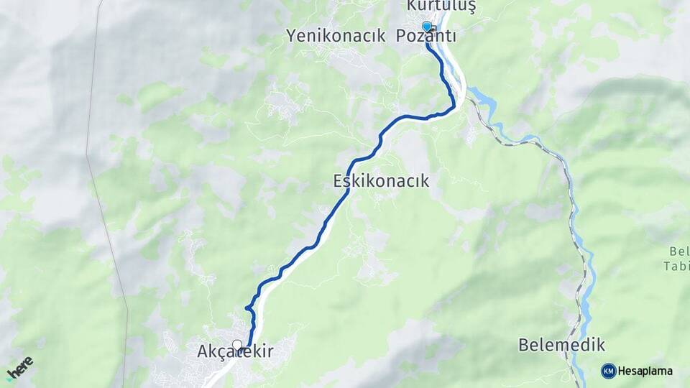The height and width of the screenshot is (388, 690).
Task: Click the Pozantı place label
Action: pyautogui.click(x=426, y=36)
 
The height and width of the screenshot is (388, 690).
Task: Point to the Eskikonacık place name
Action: pyautogui.click(x=381, y=181)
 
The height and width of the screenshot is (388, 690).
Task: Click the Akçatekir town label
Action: pyautogui.click(x=235, y=353)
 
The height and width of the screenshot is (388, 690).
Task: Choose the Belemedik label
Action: pyautogui.click(x=561, y=346)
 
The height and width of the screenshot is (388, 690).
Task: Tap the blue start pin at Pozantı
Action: pyautogui.click(x=427, y=27)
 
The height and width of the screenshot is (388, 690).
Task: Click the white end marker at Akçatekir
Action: pyautogui.click(x=237, y=345)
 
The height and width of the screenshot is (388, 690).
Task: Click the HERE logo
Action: pyautogui.click(x=19, y=369)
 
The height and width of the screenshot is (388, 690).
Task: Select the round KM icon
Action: pyautogui.click(x=608, y=371)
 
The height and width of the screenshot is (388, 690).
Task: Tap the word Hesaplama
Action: pyautogui.click(x=645, y=371)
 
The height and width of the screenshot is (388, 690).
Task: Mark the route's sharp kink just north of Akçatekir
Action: pyautogui.click(x=247, y=308)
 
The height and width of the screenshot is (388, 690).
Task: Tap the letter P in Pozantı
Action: pyautogui.click(x=401, y=36)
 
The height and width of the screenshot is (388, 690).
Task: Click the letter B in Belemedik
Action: pyautogui.click(x=523, y=346)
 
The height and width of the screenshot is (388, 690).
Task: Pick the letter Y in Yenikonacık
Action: pyautogui.click(x=291, y=36)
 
